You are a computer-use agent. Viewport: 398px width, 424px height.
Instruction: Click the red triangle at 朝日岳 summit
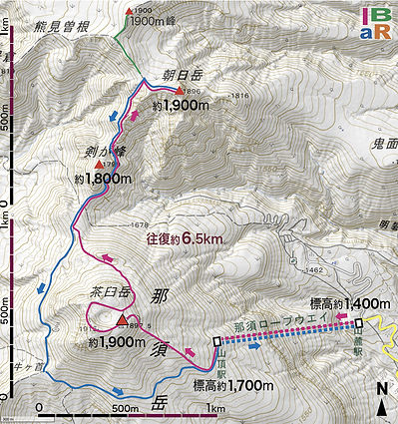click(181, 92)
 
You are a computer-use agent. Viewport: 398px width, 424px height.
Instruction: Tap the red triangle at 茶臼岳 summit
click(123, 320)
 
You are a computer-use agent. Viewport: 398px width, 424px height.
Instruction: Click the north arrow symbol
click(383, 400)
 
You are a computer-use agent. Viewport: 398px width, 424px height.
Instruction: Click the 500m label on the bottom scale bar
click(126, 409)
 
